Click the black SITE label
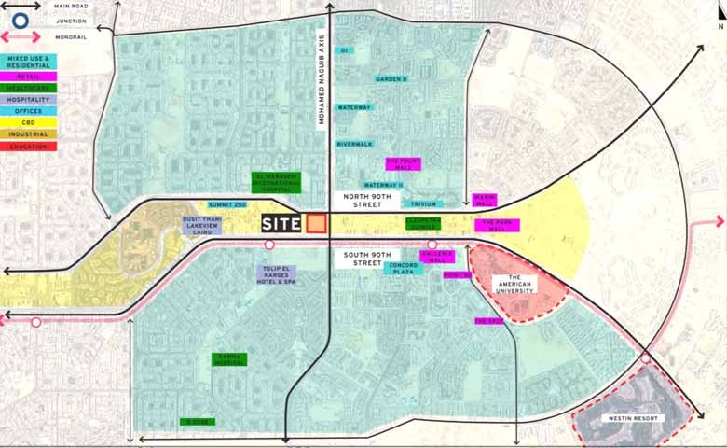[281, 224]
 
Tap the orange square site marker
[317, 224]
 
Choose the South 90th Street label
[355, 258]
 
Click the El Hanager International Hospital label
[278, 181]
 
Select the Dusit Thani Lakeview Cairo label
[202, 226]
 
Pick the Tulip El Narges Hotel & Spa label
[278, 275]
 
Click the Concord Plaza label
[403, 268]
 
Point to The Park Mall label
[496, 225]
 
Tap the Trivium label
[422, 203]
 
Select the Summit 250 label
[226, 203]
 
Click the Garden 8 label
[391, 79]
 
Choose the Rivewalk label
[354, 144]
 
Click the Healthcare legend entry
[28, 86]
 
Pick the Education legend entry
[28, 147]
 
